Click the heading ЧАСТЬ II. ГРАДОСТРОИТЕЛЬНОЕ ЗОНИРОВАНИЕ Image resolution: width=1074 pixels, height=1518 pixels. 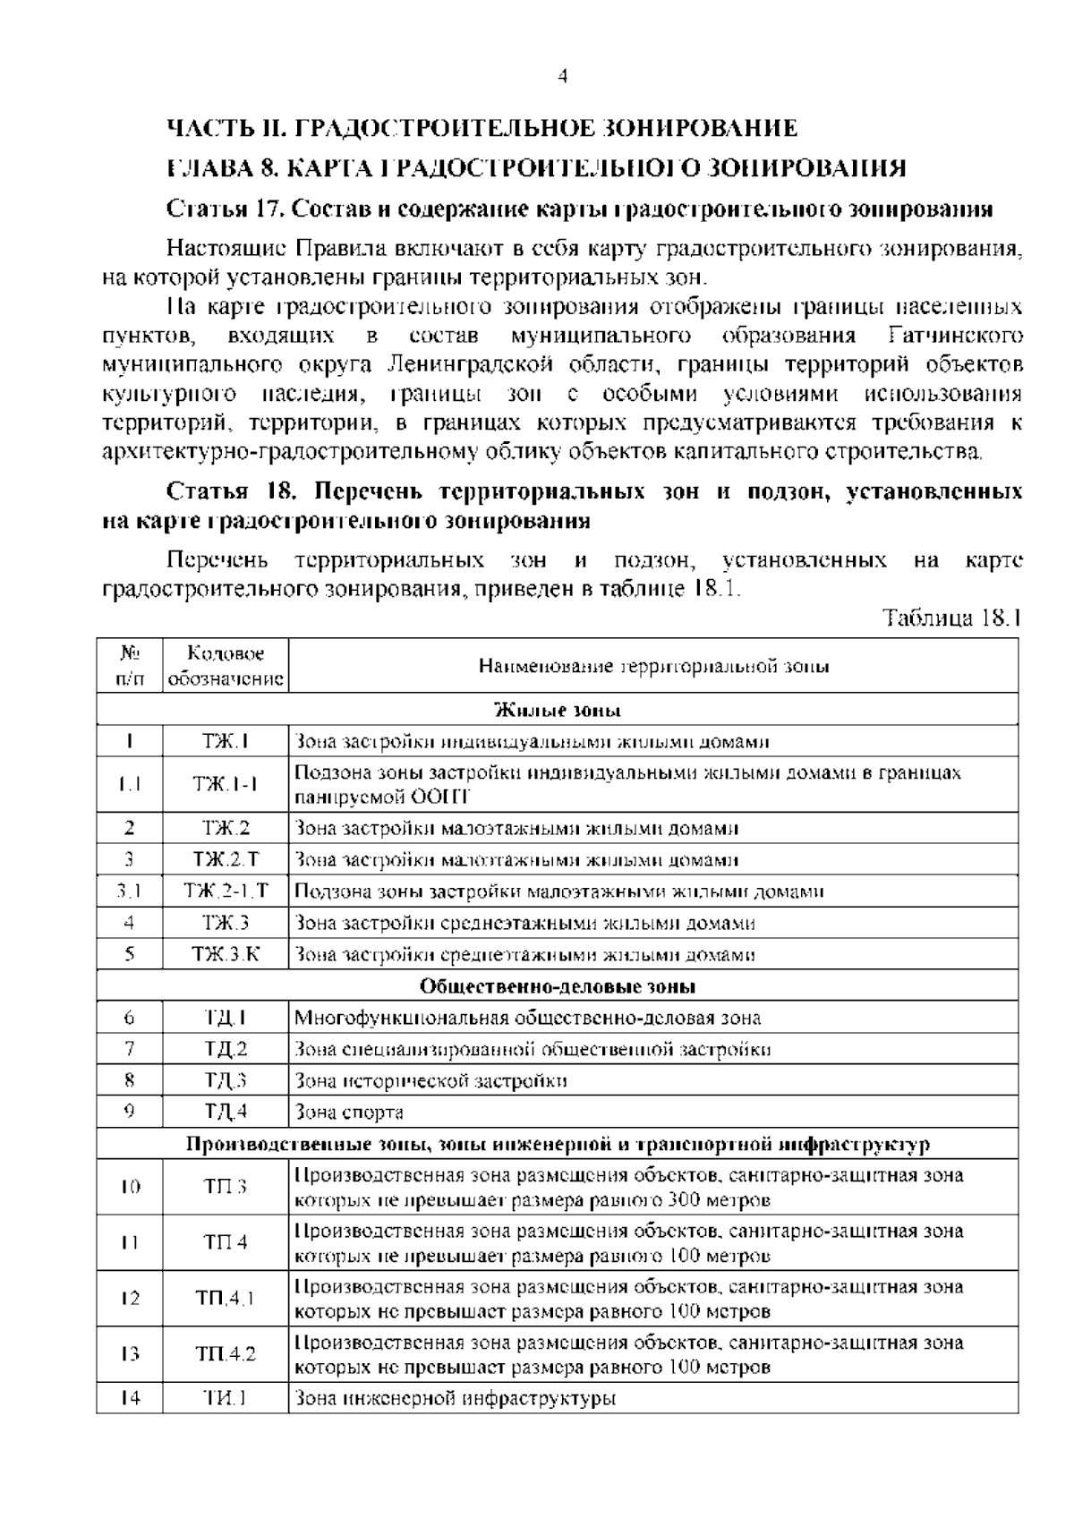tap(482, 128)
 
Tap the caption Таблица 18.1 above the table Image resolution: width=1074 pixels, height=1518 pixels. tap(950, 618)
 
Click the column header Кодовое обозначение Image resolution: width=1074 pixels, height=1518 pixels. tap(226, 666)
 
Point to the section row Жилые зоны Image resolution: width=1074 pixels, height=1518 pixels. tap(558, 711)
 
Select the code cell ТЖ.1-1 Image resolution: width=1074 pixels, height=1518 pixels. tap(226, 784)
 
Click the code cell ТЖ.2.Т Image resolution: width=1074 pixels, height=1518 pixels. tap(226, 860)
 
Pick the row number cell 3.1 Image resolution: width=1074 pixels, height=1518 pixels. tap(130, 891)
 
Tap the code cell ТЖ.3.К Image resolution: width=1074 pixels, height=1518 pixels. tap(226, 954)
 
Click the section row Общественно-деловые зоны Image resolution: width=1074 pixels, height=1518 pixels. tap(558, 986)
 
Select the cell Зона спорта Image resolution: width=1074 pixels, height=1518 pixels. tap(349, 1113)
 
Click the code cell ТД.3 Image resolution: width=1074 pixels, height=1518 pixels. tap(226, 1080)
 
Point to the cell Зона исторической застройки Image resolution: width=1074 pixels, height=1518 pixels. tap(430, 1080)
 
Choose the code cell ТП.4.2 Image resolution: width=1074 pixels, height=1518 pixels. tap(226, 1354)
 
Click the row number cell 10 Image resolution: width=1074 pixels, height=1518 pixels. tap(130, 1187)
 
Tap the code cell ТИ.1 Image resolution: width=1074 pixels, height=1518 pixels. tap(226, 1398)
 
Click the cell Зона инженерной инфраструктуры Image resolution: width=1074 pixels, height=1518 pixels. tap(456, 1398)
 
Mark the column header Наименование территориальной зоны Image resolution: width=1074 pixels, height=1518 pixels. tap(653, 666)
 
